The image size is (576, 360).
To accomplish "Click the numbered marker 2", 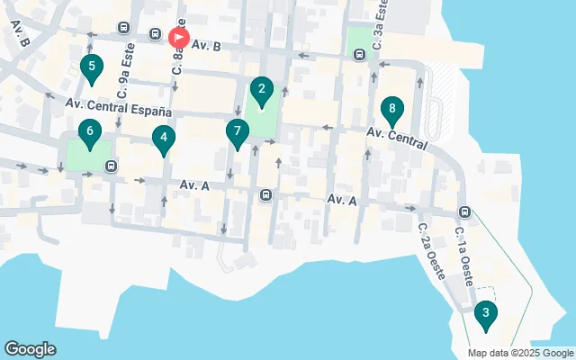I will coord(261,90).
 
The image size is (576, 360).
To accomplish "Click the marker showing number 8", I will coord(391,112).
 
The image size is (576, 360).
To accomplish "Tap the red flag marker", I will coord(179,38).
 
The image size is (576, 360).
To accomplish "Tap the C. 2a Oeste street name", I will coord(431,251).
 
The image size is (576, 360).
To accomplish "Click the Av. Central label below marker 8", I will coord(395,138).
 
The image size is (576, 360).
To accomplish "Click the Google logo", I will coord(30,349).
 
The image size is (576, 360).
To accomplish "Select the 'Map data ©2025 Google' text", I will coord(520,352).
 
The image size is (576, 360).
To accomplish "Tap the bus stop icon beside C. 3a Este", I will coord(360,53).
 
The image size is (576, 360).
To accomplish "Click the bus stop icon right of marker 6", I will coord(111,166).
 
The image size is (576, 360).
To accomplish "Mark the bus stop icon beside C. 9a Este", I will coord(122,28).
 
